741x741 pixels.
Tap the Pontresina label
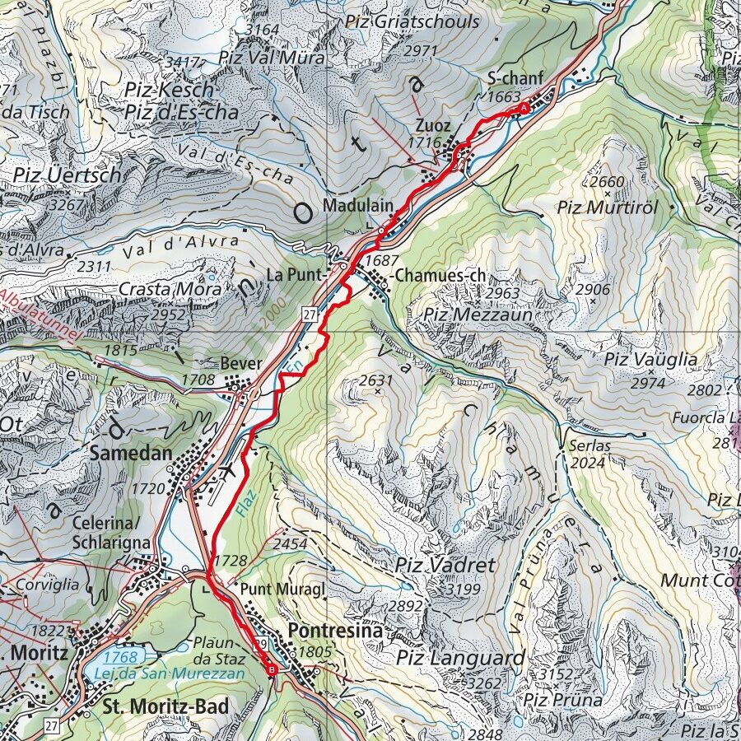click(336, 631)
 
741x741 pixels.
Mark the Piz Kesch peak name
click(170, 89)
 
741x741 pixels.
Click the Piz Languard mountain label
click(459, 658)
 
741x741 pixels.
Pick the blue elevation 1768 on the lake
click(121, 656)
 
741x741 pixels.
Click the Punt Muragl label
click(268, 590)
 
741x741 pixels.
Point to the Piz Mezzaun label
click(478, 314)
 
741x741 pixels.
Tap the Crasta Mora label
click(170, 289)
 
